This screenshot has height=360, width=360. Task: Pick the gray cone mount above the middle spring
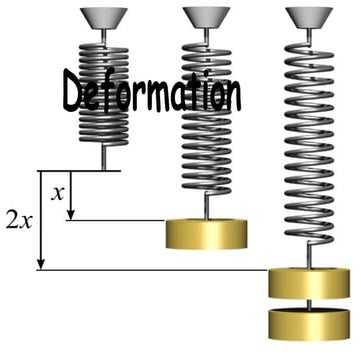pos(206,17)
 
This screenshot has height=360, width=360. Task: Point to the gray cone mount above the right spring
pos(309,17)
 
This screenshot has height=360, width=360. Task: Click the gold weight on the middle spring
pos(207,233)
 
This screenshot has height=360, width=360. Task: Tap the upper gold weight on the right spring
pos(309,284)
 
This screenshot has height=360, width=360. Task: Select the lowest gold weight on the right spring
pos(309,322)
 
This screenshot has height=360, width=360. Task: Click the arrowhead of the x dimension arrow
pos(70,214)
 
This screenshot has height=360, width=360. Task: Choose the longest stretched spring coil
pos(309,140)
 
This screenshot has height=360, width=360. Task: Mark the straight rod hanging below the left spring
pos(104,158)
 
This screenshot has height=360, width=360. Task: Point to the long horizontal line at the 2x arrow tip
pos(150,270)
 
